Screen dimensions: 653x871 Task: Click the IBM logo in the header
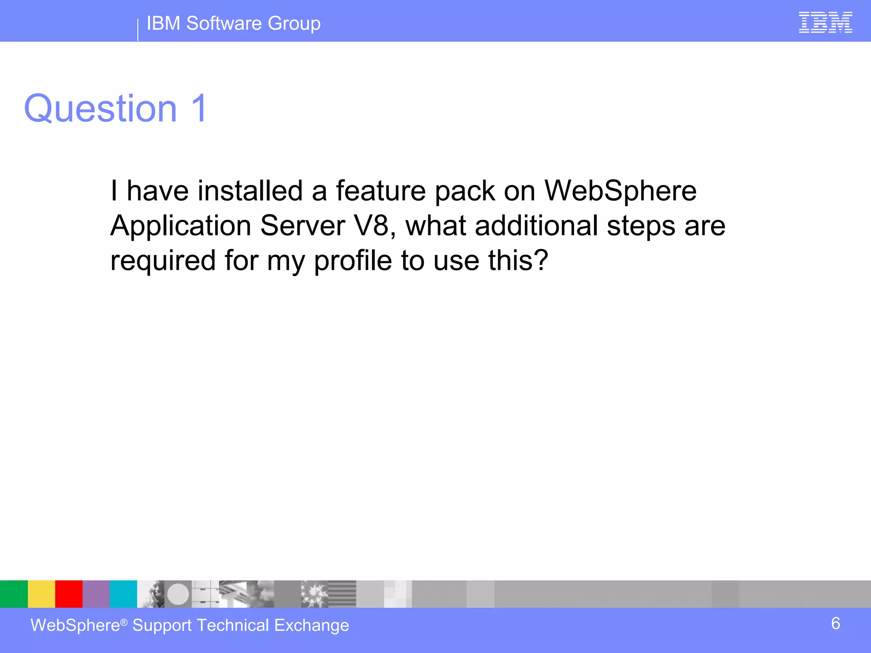[x=825, y=23]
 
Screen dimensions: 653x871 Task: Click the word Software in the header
[x=224, y=23]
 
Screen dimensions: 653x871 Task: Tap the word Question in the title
[x=100, y=109]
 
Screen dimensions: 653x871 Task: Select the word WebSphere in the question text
[x=621, y=191]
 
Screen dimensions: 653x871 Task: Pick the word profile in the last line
[x=353, y=260]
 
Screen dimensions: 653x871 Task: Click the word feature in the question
[x=381, y=191]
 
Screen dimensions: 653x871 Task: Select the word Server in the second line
[x=302, y=225]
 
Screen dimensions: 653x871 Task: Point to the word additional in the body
[x=537, y=225]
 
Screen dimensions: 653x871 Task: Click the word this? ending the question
[x=518, y=260]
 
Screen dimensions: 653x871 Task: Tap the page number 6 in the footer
[x=835, y=624]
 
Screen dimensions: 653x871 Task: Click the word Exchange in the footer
[x=311, y=625]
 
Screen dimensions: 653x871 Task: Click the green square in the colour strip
[x=14, y=594]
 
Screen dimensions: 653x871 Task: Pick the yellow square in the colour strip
[x=41, y=594]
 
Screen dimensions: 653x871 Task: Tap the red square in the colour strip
[x=68, y=594]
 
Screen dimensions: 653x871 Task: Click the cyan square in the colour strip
[x=123, y=594]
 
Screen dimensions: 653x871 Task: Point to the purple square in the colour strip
[x=96, y=594]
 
